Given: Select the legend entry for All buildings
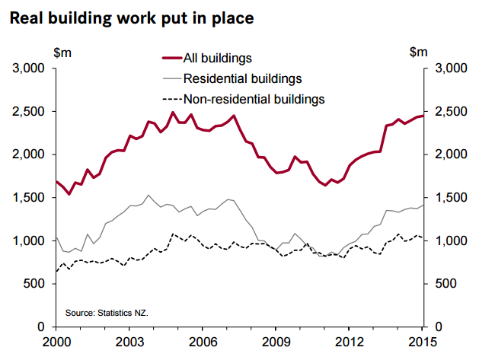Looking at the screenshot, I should pos(219,57).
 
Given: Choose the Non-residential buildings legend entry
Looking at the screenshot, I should pos(254,98).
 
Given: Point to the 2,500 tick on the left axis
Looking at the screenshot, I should pos(29,112).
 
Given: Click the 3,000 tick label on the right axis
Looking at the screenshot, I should pos(449,68).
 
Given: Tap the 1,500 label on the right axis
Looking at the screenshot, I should pos(449,198).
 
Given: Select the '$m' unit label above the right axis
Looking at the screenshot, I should pos(417,52).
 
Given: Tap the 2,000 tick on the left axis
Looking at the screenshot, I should pos(29,155).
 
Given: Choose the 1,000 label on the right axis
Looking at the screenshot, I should pos(449,241).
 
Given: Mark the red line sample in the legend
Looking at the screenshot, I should pos(173,57).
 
